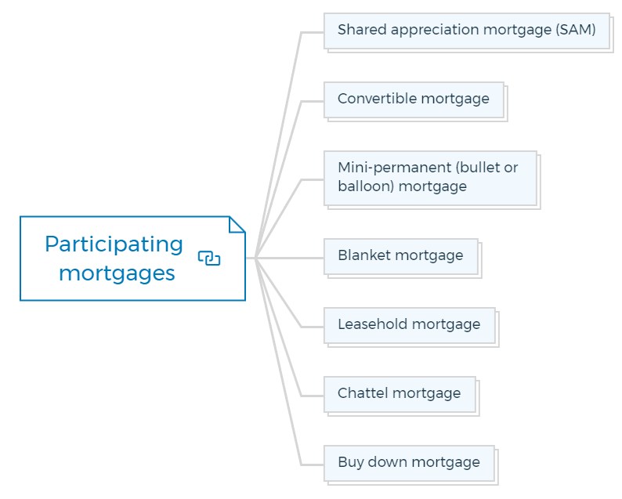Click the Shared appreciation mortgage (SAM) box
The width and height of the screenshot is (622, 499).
(x=467, y=31)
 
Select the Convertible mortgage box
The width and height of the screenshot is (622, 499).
(x=414, y=100)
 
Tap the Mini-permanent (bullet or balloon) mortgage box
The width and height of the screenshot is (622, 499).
(x=430, y=178)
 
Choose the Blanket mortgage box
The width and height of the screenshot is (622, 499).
(x=401, y=257)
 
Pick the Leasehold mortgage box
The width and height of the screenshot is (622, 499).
(x=410, y=325)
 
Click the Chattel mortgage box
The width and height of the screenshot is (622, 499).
(x=400, y=394)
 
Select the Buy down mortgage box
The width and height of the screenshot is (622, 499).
(x=409, y=463)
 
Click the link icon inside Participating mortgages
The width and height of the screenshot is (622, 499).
(x=209, y=259)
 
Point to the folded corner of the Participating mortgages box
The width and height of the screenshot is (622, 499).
(x=237, y=224)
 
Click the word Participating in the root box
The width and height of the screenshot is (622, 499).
(x=114, y=244)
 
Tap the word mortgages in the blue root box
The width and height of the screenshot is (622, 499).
(x=117, y=273)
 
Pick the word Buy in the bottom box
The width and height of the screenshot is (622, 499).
(x=351, y=463)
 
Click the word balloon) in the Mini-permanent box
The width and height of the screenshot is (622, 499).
(x=366, y=186)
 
